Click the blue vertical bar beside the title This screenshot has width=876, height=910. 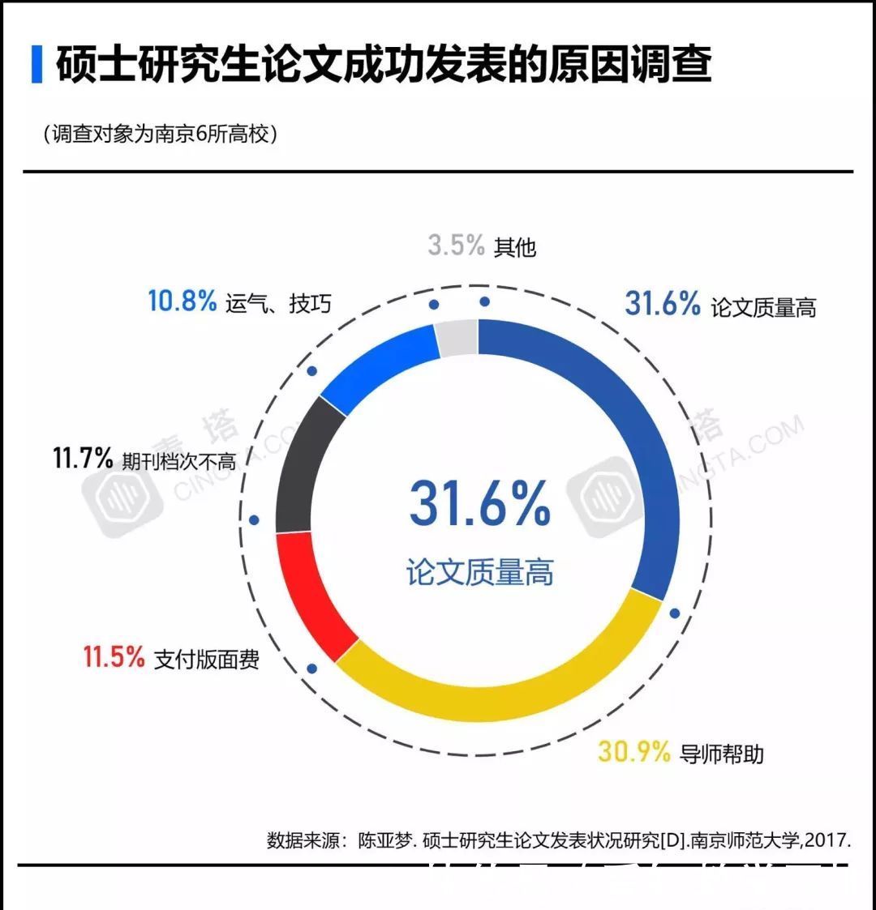click(36, 65)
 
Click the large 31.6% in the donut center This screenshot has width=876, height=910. click(479, 503)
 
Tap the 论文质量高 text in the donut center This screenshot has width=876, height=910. click(479, 572)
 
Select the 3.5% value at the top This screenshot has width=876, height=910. click(456, 245)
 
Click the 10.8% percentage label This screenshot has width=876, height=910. click(182, 301)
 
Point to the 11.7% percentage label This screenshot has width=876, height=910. click(83, 459)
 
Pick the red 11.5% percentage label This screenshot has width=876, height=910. click(114, 657)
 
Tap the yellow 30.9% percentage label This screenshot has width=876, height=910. click(633, 752)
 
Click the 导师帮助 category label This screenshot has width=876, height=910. click(721, 754)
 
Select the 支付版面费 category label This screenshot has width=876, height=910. click(206, 659)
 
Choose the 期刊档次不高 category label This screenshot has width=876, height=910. click(178, 461)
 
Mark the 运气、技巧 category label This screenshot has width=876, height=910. click(278, 304)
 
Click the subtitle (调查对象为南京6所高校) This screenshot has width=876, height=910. click(160, 135)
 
